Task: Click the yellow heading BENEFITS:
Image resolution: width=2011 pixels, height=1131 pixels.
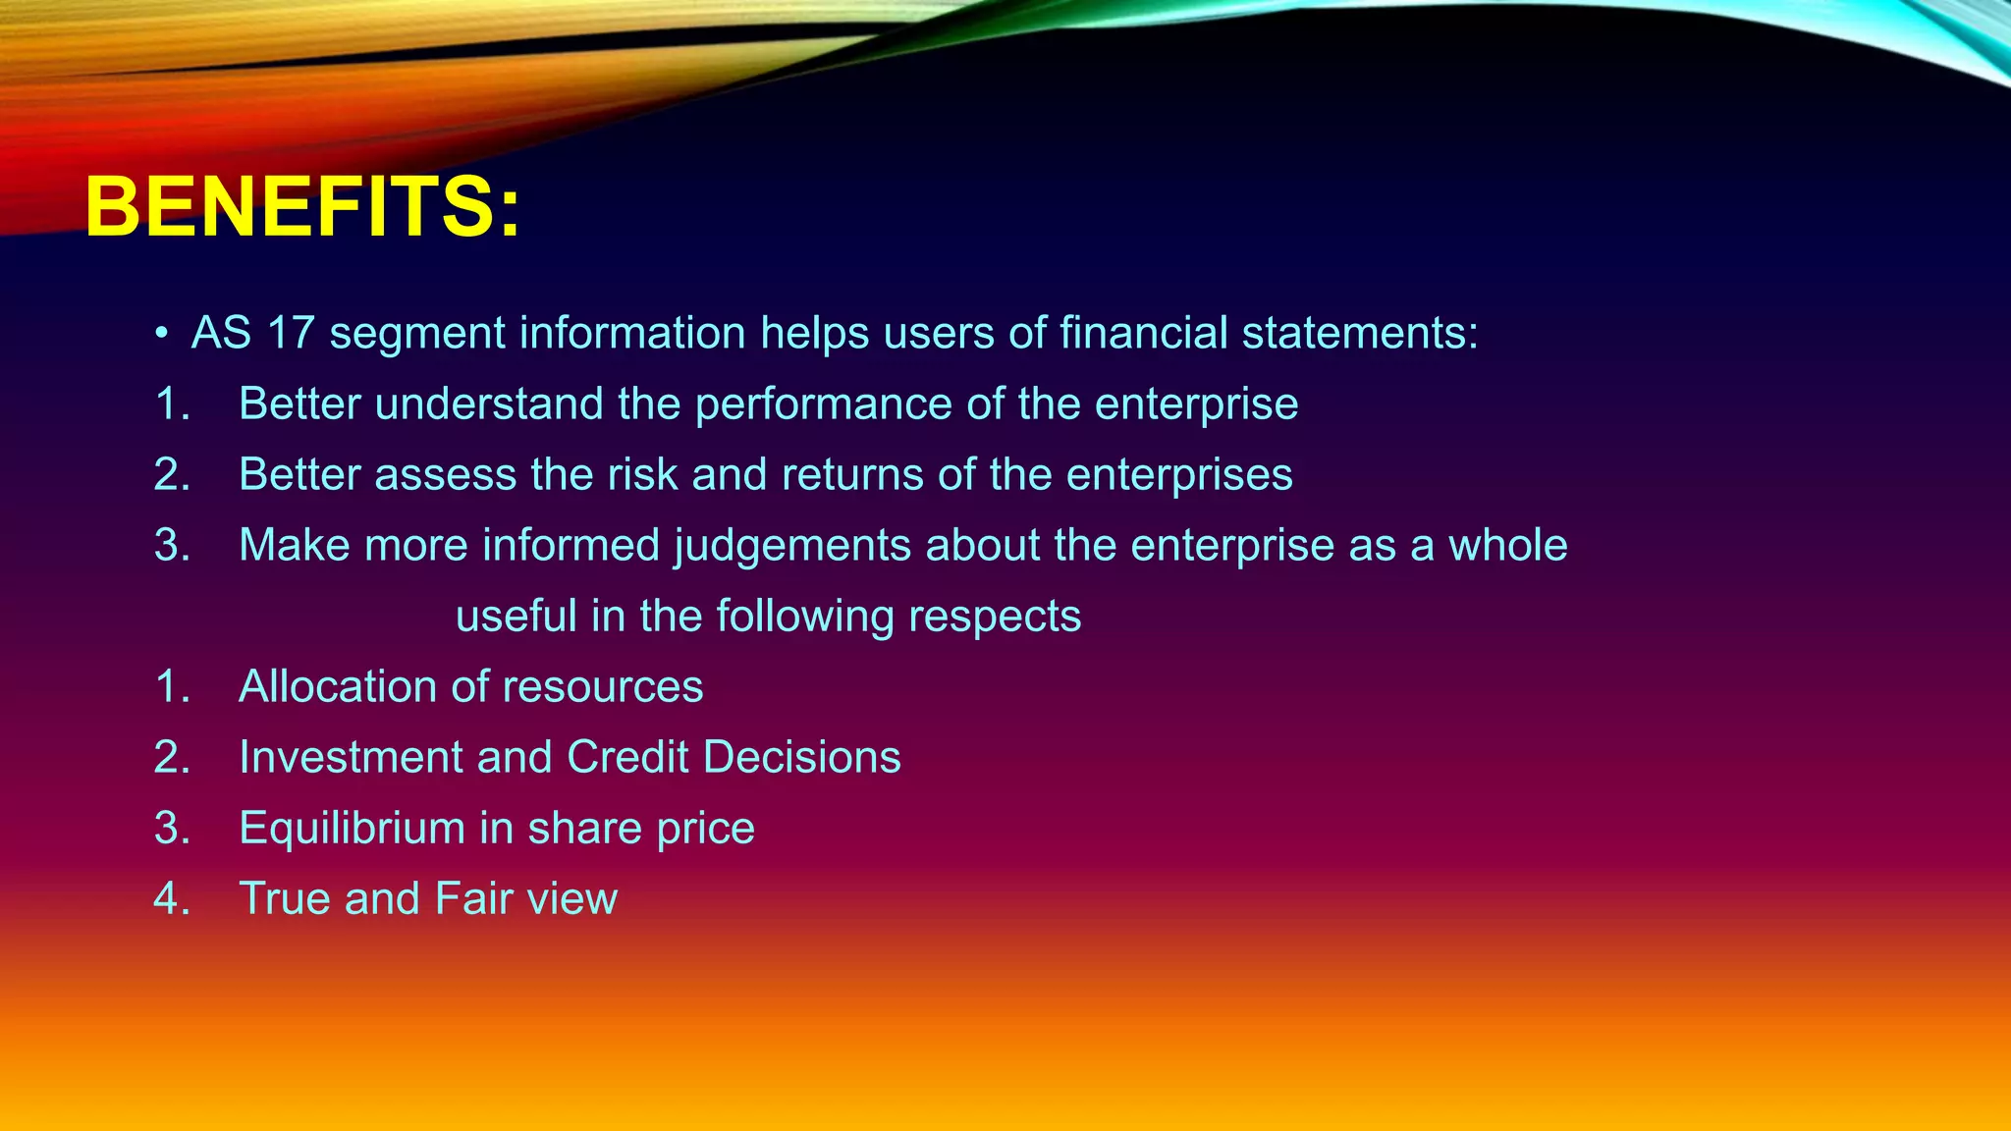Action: pos(302,208)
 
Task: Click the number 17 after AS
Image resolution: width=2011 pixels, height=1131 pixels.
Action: pos(290,334)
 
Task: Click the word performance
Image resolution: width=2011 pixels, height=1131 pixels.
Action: pos(823,404)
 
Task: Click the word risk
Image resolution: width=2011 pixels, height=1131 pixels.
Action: pos(642,475)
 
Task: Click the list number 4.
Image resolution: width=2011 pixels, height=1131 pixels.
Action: pos(170,899)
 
